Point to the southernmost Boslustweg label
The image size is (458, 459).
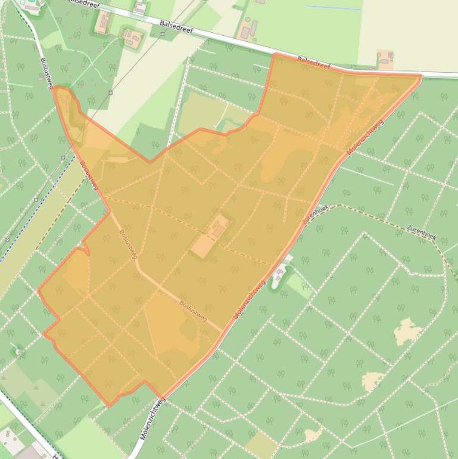click(x=193, y=311)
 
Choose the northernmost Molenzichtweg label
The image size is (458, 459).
click(x=366, y=137)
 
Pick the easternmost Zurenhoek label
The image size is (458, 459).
click(x=421, y=232)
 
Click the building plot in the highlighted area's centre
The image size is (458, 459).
click(x=210, y=237)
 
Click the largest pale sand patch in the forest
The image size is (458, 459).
click(x=407, y=331)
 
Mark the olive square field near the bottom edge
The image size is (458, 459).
click(x=260, y=445)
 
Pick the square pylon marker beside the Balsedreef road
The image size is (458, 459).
click(x=163, y=34)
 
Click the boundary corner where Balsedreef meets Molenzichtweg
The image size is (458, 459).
click(x=420, y=76)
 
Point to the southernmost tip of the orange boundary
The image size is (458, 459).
click(x=110, y=405)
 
